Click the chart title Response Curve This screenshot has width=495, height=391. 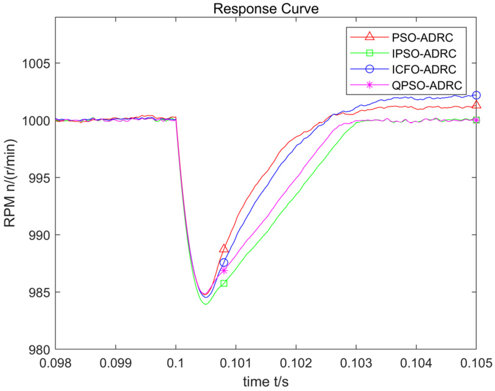tap(266, 9)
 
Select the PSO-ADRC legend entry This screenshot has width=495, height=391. tap(422, 38)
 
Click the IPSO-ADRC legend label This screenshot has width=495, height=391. tap(424, 54)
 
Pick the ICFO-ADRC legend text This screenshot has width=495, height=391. tap(424, 70)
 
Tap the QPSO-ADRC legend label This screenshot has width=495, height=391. tap(427, 85)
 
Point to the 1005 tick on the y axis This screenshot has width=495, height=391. tap(36, 64)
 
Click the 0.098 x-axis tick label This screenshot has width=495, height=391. tap(55, 363)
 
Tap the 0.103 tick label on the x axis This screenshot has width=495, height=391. tap(356, 363)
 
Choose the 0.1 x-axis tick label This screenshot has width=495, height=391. tap(175, 363)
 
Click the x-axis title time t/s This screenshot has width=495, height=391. tap(266, 382)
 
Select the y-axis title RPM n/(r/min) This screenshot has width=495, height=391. tap(10, 183)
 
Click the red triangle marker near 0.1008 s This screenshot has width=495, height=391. tap(224, 249)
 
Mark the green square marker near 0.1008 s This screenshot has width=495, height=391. tap(224, 283)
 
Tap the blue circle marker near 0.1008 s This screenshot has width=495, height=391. tap(224, 262)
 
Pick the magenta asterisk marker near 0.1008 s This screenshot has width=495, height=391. tap(224, 271)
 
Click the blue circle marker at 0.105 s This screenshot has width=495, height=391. tap(476, 95)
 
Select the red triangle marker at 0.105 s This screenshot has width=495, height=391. tap(476, 105)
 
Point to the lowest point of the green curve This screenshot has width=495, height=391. tap(206, 304)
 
